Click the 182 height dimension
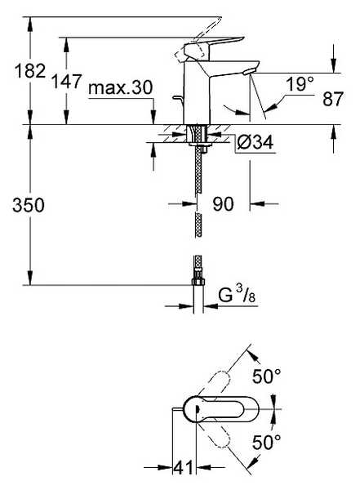coord(30,70)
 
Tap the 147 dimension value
coord(67,81)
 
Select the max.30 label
coord(121,87)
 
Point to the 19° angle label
coord(300,84)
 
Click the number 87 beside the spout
coord(333,100)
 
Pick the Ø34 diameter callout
coord(255,142)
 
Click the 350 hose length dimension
coord(29,205)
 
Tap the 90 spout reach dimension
coord(223,204)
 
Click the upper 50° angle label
coord(267,376)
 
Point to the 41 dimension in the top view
coord(184,468)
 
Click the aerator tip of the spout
coord(248,72)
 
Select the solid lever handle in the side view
coord(212,47)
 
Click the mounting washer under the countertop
coord(199,144)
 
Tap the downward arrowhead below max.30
coord(153,117)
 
